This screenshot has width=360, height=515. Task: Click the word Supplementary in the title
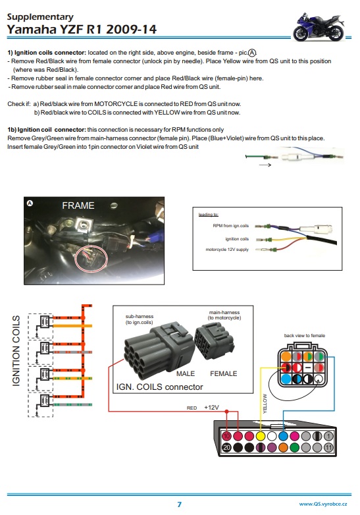point(39,16)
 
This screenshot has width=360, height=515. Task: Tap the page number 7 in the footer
point(179,504)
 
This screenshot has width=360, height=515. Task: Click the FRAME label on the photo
point(78,205)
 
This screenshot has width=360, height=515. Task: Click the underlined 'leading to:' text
point(208,214)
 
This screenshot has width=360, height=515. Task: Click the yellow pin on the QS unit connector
point(261,435)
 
